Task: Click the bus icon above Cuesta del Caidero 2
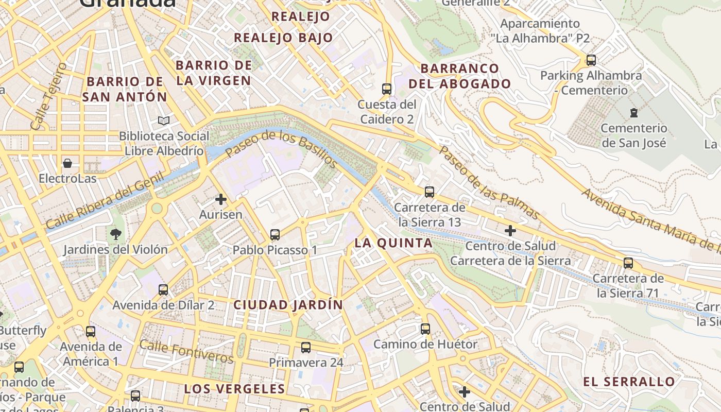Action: pyautogui.click(x=387, y=89)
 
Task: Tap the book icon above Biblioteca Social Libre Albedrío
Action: pyautogui.click(x=164, y=121)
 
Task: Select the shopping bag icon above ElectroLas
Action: pyautogui.click(x=67, y=163)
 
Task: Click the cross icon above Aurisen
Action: pyautogui.click(x=221, y=199)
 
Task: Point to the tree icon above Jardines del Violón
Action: pyautogui.click(x=115, y=234)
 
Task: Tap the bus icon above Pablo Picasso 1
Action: pyautogui.click(x=275, y=235)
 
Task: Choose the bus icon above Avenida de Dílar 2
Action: pyautogui.click(x=163, y=289)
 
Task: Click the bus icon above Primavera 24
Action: pyautogui.click(x=306, y=347)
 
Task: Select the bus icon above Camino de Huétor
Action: pyautogui.click(x=425, y=329)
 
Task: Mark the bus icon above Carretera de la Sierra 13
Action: pyautogui.click(x=430, y=192)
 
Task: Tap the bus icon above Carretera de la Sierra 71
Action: pyautogui.click(x=628, y=263)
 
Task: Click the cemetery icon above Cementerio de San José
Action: pyautogui.click(x=634, y=113)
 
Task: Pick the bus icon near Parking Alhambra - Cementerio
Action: pyautogui.click(x=591, y=60)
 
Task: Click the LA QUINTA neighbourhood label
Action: pyautogui.click(x=393, y=243)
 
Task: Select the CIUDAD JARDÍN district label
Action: pyautogui.click(x=288, y=304)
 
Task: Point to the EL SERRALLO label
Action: pyautogui.click(x=629, y=382)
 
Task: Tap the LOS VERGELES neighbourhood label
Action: pyautogui.click(x=234, y=388)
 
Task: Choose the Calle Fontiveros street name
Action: pyautogui.click(x=186, y=351)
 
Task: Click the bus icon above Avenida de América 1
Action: pyautogui.click(x=91, y=331)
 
